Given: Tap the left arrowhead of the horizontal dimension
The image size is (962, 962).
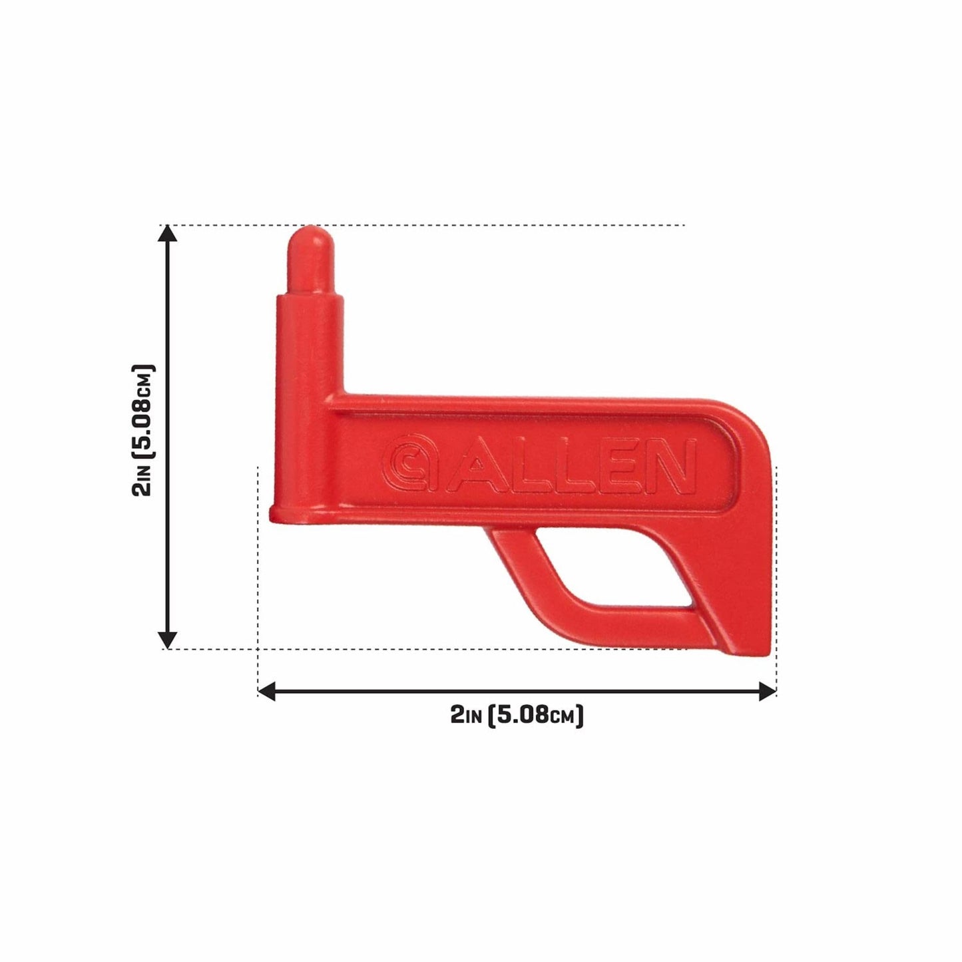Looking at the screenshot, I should [266, 692].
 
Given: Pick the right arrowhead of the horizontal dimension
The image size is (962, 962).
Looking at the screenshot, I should [768, 692].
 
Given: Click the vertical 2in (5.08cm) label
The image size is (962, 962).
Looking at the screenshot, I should [144, 431].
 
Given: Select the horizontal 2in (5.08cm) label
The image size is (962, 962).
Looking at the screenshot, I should [517, 716].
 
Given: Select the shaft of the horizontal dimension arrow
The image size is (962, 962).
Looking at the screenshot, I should [517, 692].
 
